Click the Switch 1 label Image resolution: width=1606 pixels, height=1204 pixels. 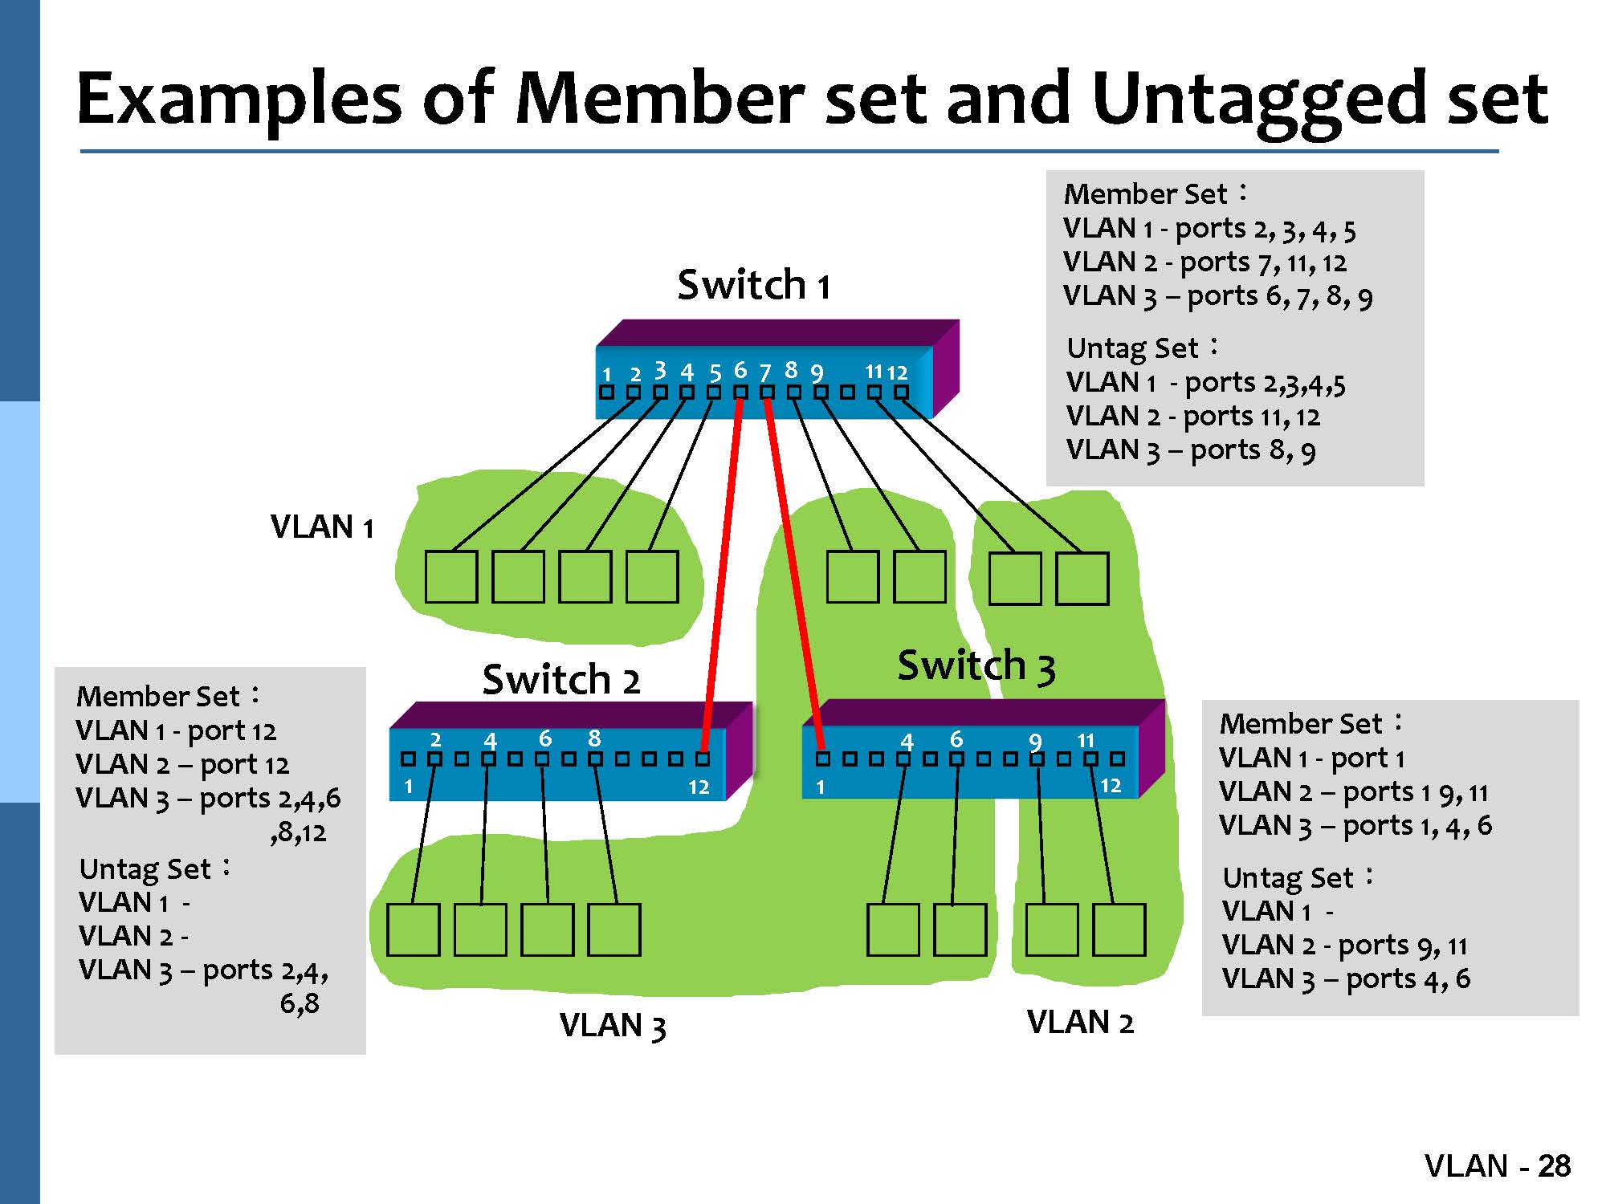point(753,285)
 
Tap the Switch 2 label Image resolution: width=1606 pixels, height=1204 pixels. point(560,680)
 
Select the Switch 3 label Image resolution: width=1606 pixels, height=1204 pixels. point(976,666)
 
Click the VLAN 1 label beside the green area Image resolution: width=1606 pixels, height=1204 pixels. point(322,527)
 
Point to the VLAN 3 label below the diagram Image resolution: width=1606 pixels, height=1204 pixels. point(613,1026)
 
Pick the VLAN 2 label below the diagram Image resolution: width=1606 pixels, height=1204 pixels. point(1080,1023)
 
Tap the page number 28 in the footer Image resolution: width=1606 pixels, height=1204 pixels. point(1554,1166)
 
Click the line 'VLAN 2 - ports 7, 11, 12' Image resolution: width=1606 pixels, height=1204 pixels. point(1204,262)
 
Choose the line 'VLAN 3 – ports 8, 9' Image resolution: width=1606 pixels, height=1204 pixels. point(1190,450)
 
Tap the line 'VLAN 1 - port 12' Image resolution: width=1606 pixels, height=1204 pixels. point(176,730)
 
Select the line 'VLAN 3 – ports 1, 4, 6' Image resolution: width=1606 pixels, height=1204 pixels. point(1355,826)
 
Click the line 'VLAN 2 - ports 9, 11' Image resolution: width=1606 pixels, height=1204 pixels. point(1344,946)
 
